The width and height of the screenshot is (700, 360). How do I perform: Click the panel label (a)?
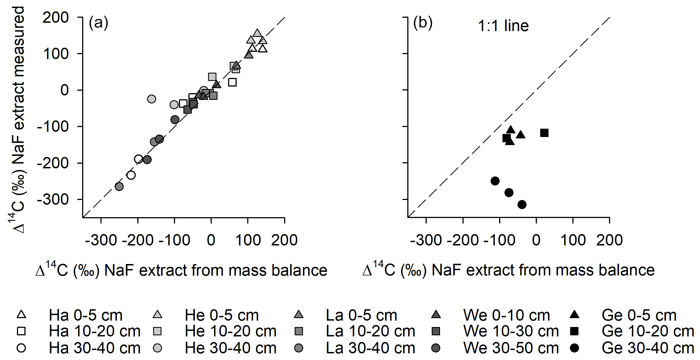pyautogui.click(x=98, y=23)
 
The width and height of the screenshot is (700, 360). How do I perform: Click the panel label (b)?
pyautogui.click(x=423, y=23)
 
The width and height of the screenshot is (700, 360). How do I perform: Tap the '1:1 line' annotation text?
pyautogui.click(x=503, y=26)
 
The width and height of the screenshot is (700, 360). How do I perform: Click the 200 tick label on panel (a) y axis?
pyautogui.click(x=55, y=18)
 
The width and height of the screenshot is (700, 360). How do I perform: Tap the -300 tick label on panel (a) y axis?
pyautogui.click(x=53, y=199)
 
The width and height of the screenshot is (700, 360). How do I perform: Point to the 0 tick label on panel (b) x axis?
pyautogui.click(x=536, y=240)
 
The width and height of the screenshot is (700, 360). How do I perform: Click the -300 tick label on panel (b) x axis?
pyautogui.click(x=426, y=240)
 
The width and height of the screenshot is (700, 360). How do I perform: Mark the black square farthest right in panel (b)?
pyautogui.click(x=544, y=133)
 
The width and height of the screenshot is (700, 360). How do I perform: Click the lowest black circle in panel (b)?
pyautogui.click(x=522, y=205)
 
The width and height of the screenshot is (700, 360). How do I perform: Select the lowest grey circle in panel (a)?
pyautogui.click(x=119, y=186)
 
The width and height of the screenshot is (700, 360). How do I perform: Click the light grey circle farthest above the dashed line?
pyautogui.click(x=151, y=99)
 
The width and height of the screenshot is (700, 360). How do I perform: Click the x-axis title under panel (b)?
pyautogui.click(x=508, y=270)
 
